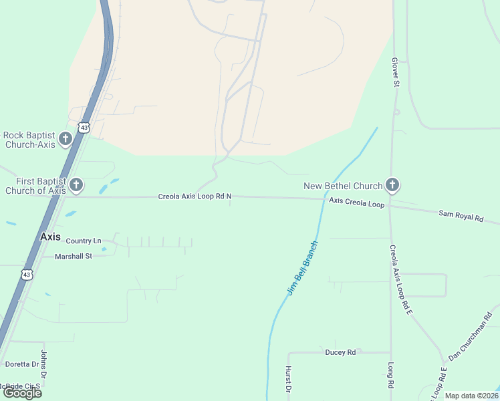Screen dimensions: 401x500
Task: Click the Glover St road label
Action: point(395,72)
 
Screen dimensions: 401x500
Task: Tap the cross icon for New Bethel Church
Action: point(392,185)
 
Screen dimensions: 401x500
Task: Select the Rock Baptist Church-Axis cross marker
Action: point(65,139)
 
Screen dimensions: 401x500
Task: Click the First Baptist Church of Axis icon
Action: point(76,185)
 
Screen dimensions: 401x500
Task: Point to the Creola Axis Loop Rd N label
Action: point(195,196)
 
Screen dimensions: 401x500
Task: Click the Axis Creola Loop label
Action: point(356,203)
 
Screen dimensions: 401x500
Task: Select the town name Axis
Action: point(50,237)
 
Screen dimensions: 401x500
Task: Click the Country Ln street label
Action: point(84,241)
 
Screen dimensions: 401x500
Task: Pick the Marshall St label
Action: point(73,256)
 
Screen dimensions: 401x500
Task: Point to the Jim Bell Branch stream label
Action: point(303,268)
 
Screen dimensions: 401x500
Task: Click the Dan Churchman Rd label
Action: point(474,336)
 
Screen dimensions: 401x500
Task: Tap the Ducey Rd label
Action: point(340,352)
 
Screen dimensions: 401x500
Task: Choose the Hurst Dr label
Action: point(289,378)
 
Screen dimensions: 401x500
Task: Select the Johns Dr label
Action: point(44,361)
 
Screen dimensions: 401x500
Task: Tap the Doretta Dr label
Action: point(22,364)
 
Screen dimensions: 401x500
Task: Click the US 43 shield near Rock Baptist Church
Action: point(84,127)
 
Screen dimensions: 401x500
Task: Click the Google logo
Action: point(22,392)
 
